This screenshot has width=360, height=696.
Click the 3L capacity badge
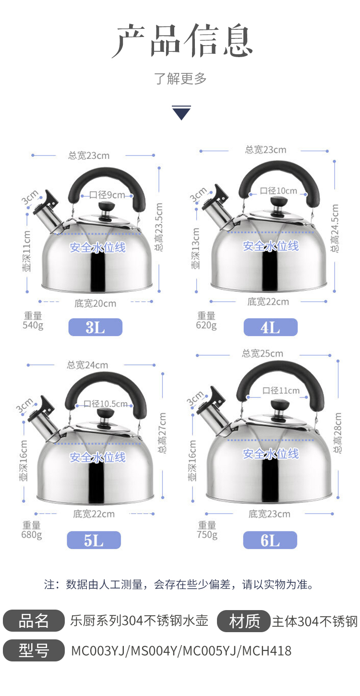96,327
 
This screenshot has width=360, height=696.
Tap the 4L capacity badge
271,327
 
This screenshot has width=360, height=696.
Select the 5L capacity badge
94,540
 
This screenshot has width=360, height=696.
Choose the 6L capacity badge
270,540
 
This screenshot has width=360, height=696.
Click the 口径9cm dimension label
107,195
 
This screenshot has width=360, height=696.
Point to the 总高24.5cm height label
335,228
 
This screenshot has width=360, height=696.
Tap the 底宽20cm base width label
96,303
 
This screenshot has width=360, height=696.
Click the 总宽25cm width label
263,353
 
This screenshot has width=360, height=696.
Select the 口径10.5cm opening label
106,404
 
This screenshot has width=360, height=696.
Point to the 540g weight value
33,325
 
